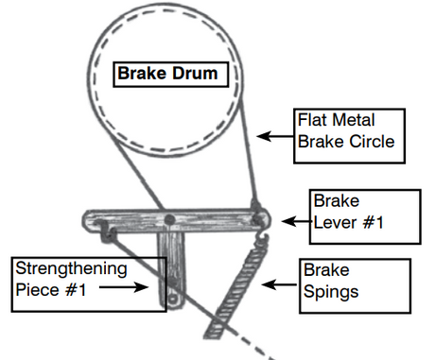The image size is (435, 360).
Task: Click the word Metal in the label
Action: [354, 120]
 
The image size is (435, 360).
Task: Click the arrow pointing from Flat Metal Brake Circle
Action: [275, 136]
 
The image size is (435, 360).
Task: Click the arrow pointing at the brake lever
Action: [297, 221]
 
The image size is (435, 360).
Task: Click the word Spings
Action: [331, 292]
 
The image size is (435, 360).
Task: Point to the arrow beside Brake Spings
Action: [280, 284]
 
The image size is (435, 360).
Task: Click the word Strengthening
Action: [71, 269]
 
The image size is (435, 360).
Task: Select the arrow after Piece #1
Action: [124, 287]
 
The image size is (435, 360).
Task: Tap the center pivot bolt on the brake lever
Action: [169, 219]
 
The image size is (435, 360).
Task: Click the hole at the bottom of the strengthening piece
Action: [172, 300]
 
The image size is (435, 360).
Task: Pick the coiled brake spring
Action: [235, 290]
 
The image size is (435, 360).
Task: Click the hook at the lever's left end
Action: [107, 231]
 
